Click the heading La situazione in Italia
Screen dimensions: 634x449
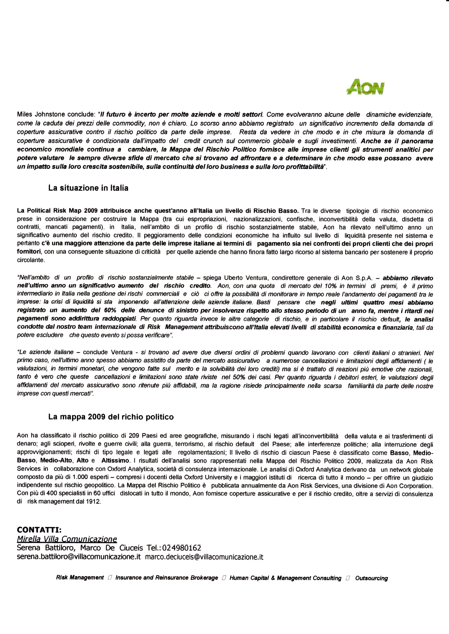pos(88,188)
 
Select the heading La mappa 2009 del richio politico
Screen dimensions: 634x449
pos(111,417)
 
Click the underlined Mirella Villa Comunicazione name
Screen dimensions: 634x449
pos(67,539)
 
